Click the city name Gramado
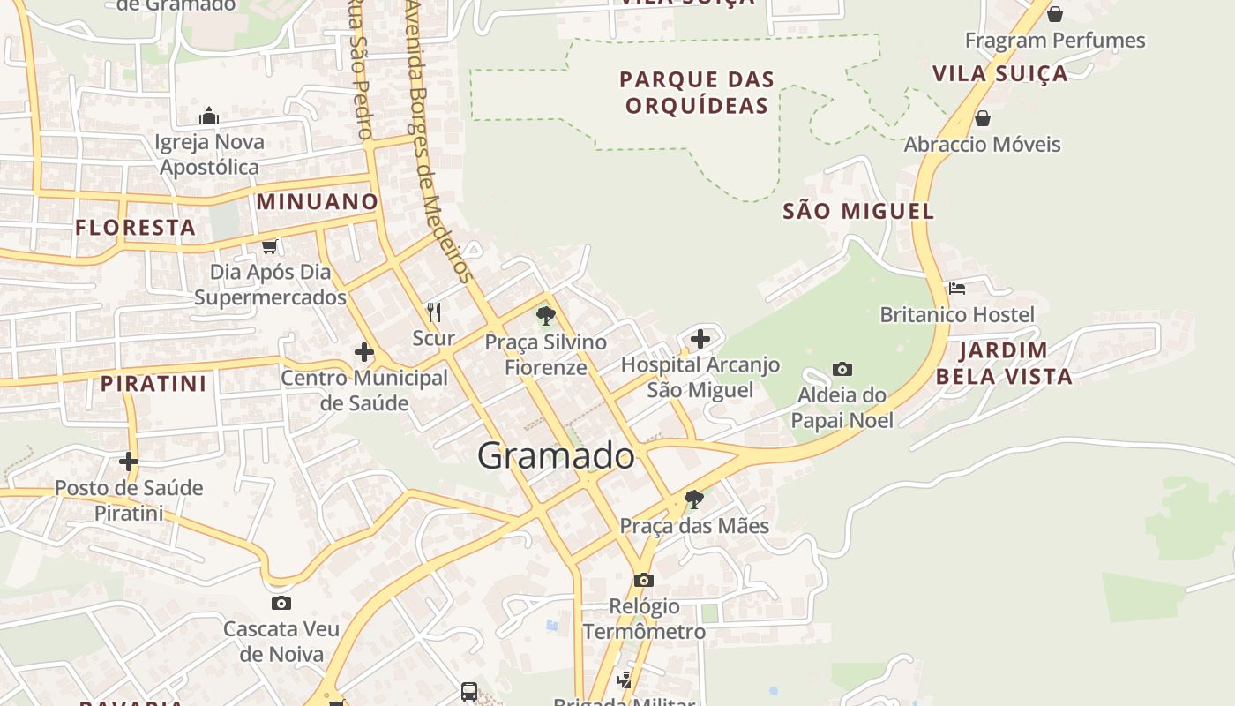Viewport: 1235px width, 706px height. pyautogui.click(x=556, y=456)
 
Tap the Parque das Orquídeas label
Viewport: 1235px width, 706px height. pyautogui.click(x=697, y=93)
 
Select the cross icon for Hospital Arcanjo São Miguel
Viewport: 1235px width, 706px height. pyautogui.click(x=700, y=338)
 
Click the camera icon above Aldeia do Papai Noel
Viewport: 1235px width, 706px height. pyautogui.click(x=842, y=369)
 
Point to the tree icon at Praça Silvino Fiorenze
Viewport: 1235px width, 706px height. pyautogui.click(x=546, y=315)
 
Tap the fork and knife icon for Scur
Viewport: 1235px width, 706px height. pyautogui.click(x=434, y=312)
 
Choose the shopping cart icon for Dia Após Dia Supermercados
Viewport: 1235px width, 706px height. pyautogui.click(x=270, y=246)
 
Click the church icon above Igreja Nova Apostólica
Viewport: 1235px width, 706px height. pyautogui.click(x=209, y=116)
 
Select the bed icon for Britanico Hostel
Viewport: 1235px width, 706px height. pyautogui.click(x=957, y=288)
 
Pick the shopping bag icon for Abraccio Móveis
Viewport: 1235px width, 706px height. pyautogui.click(x=983, y=118)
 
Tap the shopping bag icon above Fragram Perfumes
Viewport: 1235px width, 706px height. pyautogui.click(x=1054, y=14)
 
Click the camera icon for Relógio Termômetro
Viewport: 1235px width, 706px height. pyautogui.click(x=644, y=580)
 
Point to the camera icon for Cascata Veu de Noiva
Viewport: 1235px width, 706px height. pyautogui.click(x=281, y=603)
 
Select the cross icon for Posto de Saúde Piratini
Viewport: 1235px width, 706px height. pyautogui.click(x=129, y=461)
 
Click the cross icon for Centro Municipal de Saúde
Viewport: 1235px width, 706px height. pyautogui.click(x=363, y=353)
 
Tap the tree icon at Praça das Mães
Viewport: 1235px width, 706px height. pyautogui.click(x=694, y=499)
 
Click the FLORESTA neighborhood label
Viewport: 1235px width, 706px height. pyautogui.click(x=135, y=228)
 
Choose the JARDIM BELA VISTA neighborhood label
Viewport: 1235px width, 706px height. pyautogui.click(x=1004, y=364)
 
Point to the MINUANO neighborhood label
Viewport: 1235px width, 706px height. pyautogui.click(x=318, y=202)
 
